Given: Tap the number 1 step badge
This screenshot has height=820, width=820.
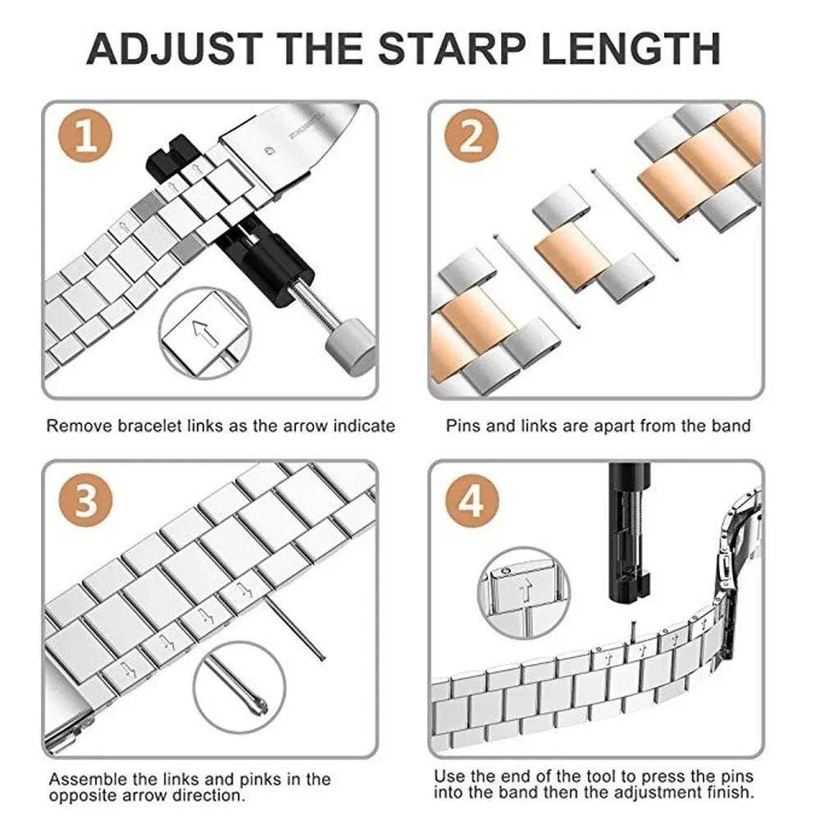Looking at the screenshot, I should [87, 138].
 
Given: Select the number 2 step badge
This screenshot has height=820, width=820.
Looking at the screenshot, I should [471, 138].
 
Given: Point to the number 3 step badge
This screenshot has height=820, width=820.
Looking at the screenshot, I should [87, 499].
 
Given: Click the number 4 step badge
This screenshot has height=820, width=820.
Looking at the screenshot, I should [471, 499].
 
